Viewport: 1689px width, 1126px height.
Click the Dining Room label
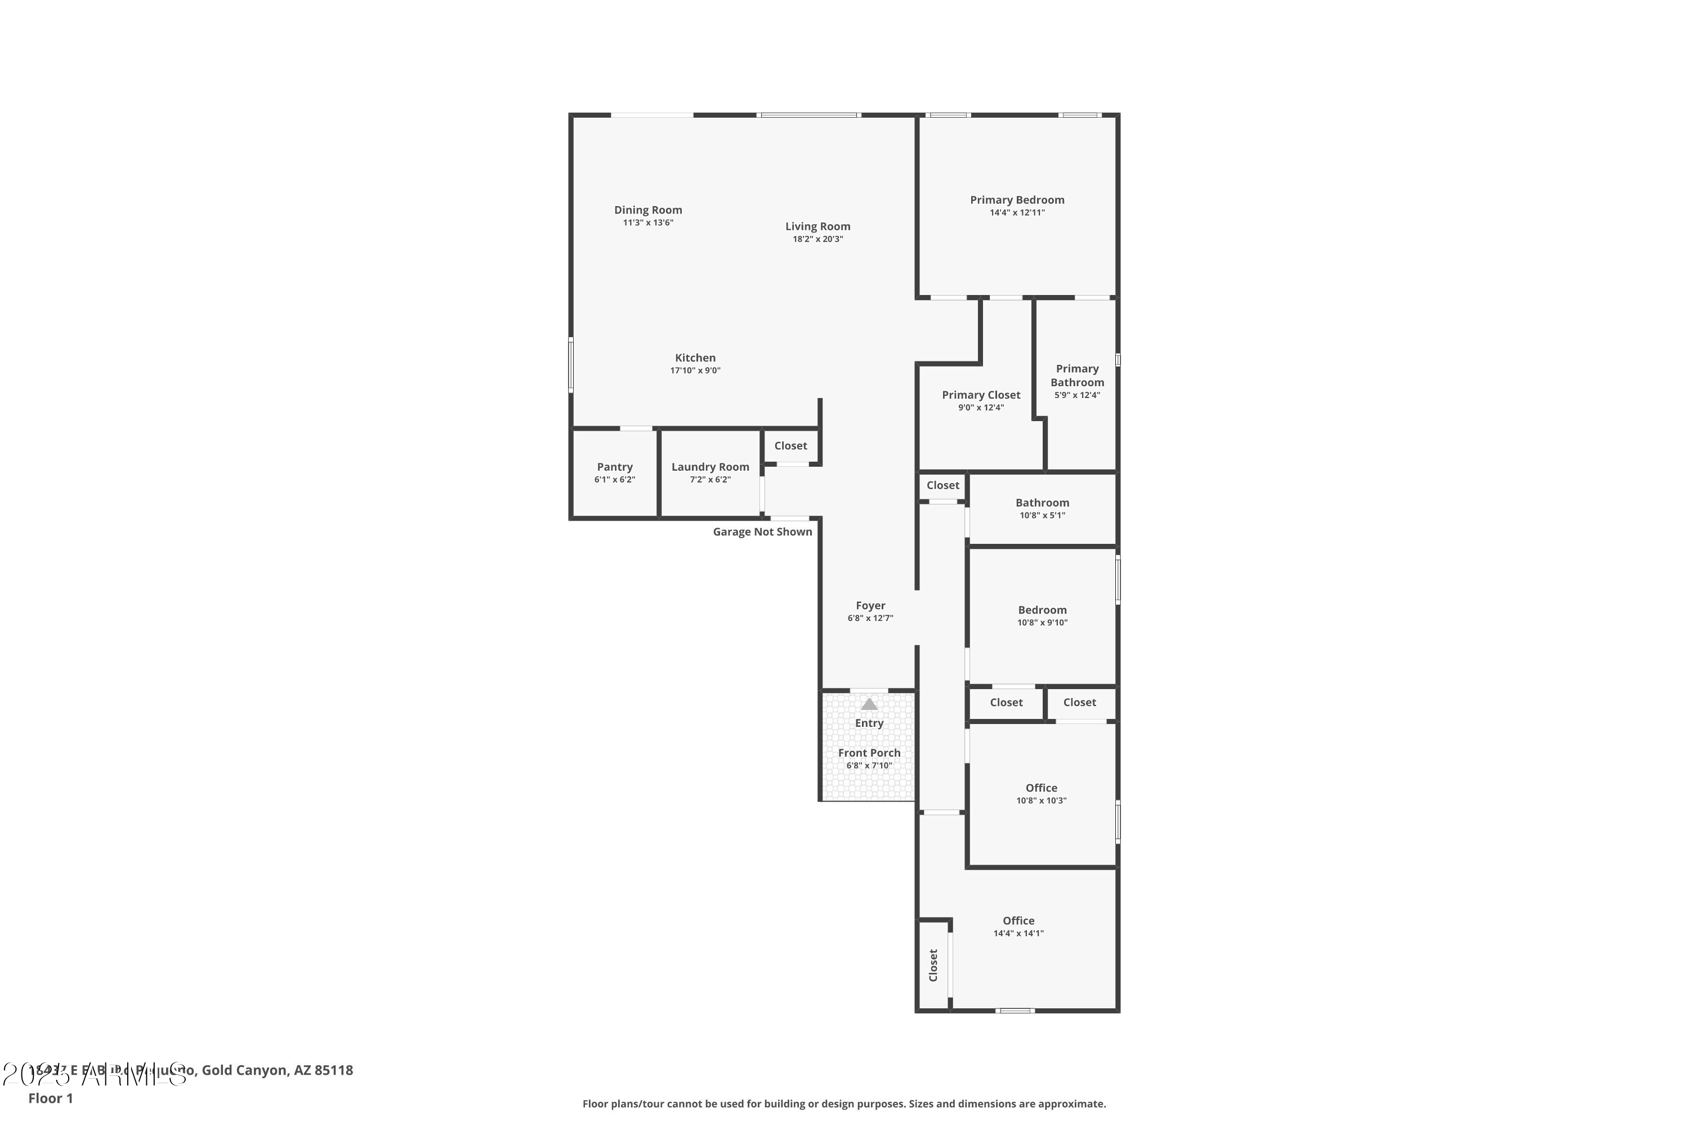point(648,209)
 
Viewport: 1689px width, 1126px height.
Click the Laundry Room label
point(709,467)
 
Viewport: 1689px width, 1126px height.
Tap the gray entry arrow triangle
point(869,704)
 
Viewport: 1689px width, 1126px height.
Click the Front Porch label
point(869,753)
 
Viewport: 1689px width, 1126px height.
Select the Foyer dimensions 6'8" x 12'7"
point(870,618)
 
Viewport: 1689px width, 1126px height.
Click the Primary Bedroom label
point(1017,200)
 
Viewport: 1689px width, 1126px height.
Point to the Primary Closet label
point(980,395)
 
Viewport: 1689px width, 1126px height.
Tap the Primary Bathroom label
point(1076,375)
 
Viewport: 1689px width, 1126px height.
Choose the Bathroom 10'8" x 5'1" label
point(1042,503)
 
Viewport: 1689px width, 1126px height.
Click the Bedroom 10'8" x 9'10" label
point(1042,610)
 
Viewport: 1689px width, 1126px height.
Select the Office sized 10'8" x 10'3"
point(1040,788)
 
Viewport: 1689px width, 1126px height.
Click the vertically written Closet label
point(933,965)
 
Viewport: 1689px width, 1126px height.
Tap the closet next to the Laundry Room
point(790,446)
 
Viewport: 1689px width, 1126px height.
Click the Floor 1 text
point(50,1098)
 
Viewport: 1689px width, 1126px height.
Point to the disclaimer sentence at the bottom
point(844,1103)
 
